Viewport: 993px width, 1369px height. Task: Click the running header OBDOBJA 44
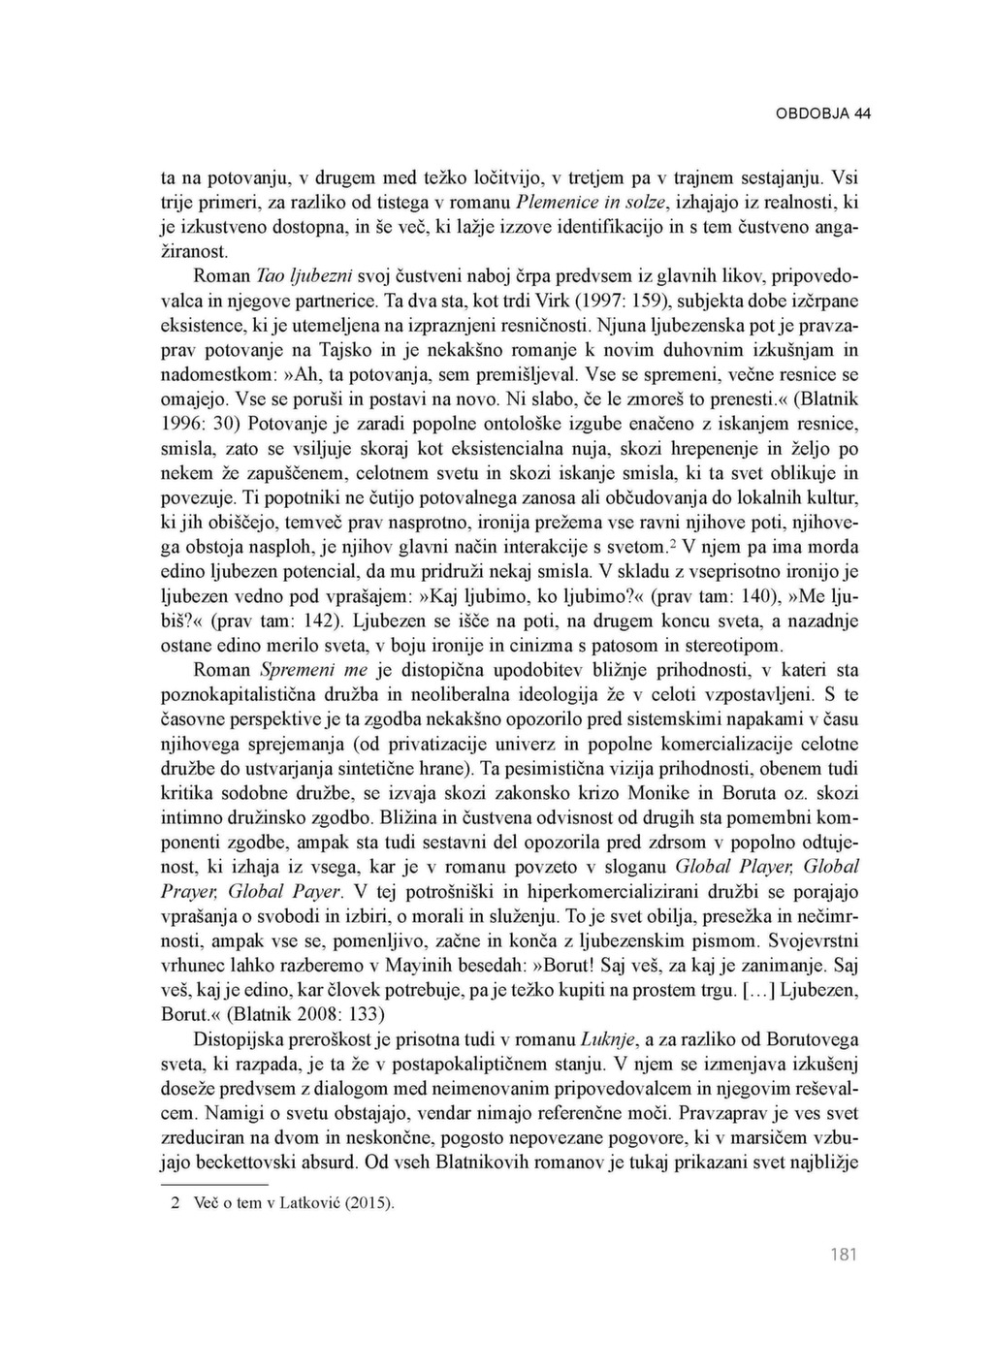[x=822, y=113]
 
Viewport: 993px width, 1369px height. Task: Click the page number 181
[x=844, y=1256]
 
